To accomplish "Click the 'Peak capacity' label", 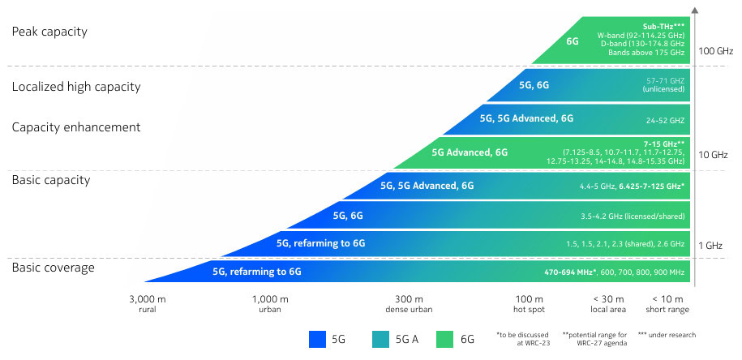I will [49, 32].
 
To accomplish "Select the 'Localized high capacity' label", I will [76, 87].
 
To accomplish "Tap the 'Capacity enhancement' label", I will [76, 127].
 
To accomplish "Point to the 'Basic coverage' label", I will [54, 268].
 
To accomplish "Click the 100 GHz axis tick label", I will [717, 51].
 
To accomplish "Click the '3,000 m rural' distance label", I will [147, 304].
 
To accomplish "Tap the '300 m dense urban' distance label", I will [409, 304].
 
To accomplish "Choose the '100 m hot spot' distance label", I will [529, 304].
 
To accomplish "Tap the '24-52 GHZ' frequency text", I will [666, 120].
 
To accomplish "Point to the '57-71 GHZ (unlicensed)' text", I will [664, 84].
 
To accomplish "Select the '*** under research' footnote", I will [666, 335].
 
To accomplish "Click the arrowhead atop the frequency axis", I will [697, 11].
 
